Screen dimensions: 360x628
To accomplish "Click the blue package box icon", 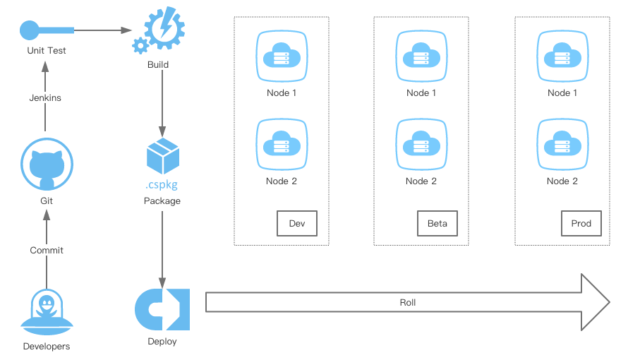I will [162, 156].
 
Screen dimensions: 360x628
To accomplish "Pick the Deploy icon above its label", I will [162, 309].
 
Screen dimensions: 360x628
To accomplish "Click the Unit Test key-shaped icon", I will [47, 30].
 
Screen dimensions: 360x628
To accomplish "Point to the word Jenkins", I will [45, 97].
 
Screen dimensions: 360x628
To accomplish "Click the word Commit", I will [47, 250].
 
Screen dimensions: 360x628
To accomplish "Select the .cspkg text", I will [162, 186].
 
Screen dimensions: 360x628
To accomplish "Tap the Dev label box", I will [296, 223].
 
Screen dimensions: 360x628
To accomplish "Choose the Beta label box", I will [437, 223].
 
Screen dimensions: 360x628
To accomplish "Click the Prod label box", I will [581, 223].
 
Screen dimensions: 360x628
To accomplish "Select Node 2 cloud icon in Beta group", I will [421, 144].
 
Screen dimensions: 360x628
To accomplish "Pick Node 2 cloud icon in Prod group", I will [562, 144].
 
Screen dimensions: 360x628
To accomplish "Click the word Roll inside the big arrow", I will [408, 302].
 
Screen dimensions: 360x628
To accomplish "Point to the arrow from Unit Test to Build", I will [103, 30].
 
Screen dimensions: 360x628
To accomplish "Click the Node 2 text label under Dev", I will [282, 181].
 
